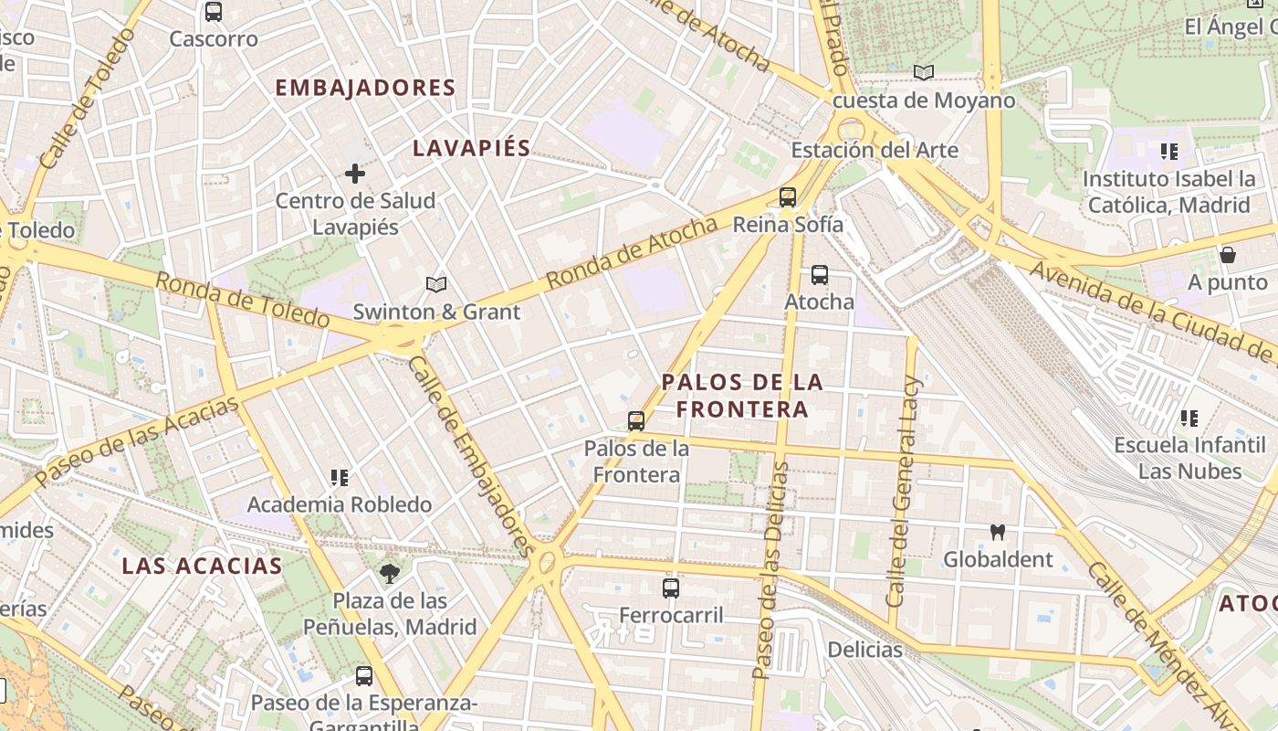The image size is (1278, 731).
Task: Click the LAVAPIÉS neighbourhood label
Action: click(471, 148)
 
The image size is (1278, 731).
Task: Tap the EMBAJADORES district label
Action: click(364, 88)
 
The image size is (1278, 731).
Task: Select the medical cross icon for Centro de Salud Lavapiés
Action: click(355, 173)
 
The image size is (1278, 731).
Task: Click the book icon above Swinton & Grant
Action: click(436, 285)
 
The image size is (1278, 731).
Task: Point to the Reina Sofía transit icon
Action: click(788, 196)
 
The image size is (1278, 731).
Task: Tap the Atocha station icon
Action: click(820, 274)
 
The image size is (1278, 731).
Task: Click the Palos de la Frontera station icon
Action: click(636, 421)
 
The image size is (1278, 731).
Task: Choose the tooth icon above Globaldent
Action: click(998, 532)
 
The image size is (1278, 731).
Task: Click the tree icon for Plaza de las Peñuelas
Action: click(390, 574)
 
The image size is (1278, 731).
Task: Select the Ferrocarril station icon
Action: click(671, 588)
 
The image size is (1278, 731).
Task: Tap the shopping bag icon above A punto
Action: click(1228, 255)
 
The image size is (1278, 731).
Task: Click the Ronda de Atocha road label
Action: click(633, 253)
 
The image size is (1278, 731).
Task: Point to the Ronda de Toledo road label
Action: click(242, 300)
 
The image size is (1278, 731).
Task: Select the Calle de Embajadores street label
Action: click(470, 455)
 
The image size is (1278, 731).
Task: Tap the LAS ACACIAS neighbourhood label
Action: click(202, 566)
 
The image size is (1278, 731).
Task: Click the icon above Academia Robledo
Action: click(340, 477)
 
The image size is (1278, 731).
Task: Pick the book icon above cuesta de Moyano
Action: click(924, 72)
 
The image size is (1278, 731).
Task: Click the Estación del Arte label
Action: click(875, 150)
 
